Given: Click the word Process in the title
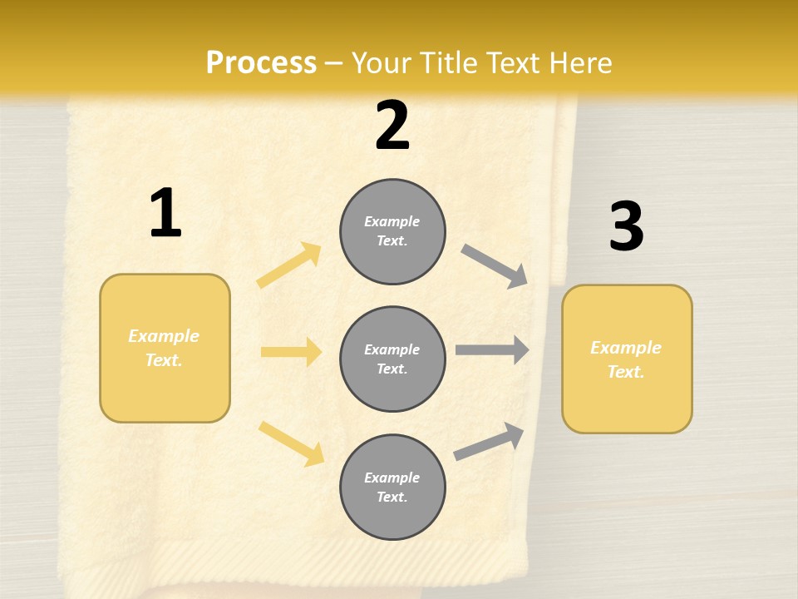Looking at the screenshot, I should pos(261,63).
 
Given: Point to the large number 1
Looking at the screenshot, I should pos(165,213).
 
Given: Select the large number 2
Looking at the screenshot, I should pos(392,126).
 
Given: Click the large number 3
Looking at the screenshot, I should pos(626,226).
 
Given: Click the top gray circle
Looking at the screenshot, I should pos(392,231).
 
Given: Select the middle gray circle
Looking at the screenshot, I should pos(392,359).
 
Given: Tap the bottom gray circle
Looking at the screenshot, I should pos(392,487).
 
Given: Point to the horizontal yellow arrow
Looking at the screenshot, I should pos(291,352).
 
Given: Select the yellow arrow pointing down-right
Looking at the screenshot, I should pos(292,443).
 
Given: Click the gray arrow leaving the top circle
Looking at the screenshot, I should pos(495,266).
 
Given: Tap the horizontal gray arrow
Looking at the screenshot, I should pos(492,350).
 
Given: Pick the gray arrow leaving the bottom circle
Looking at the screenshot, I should pos(490,442).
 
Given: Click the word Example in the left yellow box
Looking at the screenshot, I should pos(164,336).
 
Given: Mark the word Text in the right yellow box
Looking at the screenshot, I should pos(625,372).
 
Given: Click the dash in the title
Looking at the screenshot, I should pos(335,63).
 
